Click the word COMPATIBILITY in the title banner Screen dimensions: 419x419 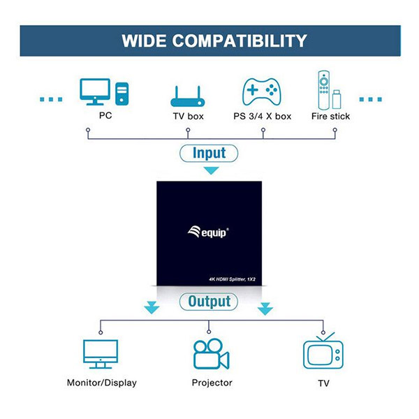(240, 41)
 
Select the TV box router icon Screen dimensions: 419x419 (188, 96)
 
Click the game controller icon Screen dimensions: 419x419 (262, 91)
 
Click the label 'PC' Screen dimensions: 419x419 (105, 115)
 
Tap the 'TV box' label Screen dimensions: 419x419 (188, 116)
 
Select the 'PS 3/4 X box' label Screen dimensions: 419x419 (262, 116)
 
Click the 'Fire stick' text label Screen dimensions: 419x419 (330, 116)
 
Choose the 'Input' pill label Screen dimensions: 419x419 (209, 153)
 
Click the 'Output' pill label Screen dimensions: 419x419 (209, 302)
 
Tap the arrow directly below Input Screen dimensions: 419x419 (211, 170)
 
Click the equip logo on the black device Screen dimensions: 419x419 (208, 232)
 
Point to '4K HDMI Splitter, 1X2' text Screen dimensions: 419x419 (232, 279)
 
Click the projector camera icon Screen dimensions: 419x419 (212, 354)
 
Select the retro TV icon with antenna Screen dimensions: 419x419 (323, 351)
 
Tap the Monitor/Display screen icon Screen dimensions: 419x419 (101, 354)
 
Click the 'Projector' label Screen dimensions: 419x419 (212, 383)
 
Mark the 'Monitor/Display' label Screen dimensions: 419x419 (102, 383)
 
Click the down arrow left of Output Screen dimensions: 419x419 (152, 307)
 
